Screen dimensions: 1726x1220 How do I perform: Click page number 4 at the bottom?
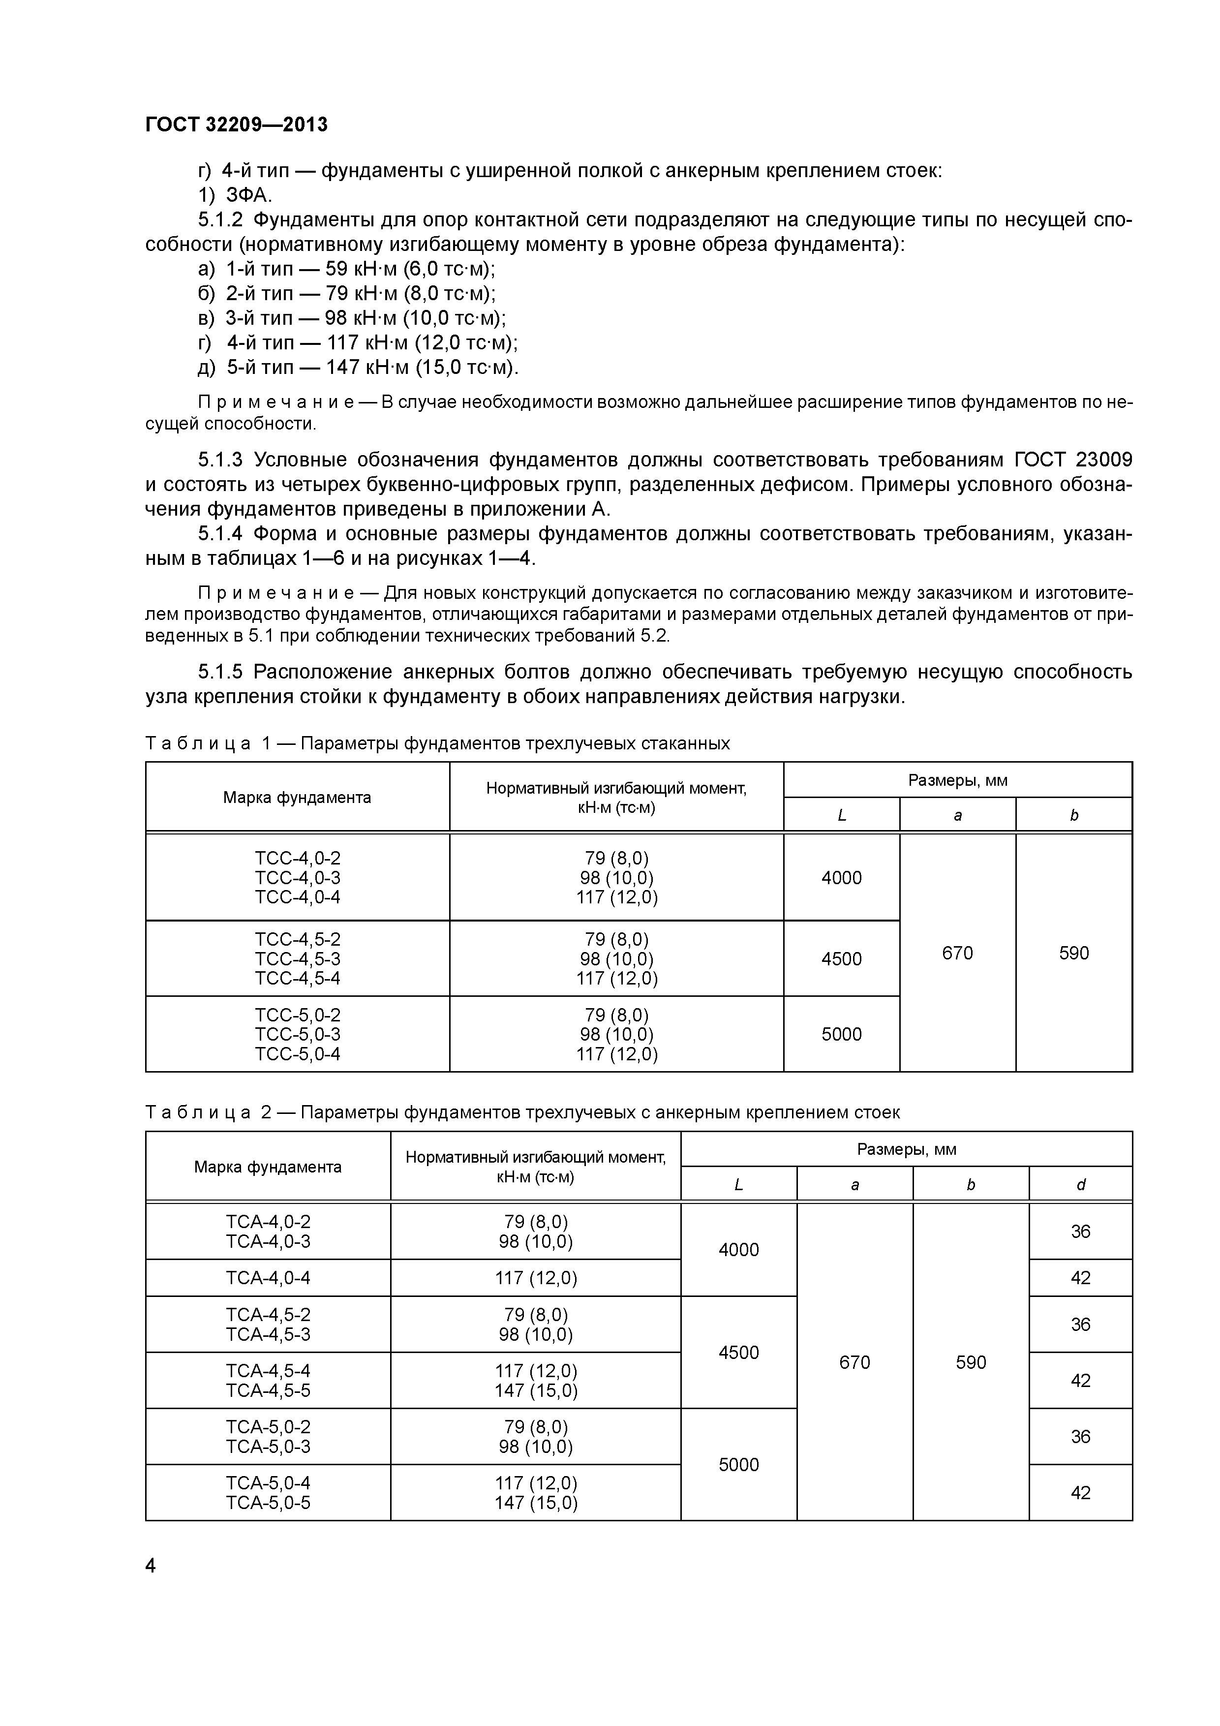[151, 1566]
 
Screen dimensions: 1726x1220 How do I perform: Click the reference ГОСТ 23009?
[1073, 460]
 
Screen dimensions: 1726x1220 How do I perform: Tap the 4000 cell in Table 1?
[841, 877]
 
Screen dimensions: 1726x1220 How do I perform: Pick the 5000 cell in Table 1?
[841, 1034]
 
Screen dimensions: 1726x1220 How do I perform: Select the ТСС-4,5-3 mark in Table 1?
[297, 958]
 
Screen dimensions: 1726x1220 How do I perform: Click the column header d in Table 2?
[1080, 1185]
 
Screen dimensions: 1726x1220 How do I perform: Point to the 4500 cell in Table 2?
[738, 1353]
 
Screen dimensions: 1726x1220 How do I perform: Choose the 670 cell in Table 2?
[854, 1362]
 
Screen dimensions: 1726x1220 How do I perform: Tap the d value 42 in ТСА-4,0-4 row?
[1080, 1277]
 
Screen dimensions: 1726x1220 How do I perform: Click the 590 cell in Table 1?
[1073, 953]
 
